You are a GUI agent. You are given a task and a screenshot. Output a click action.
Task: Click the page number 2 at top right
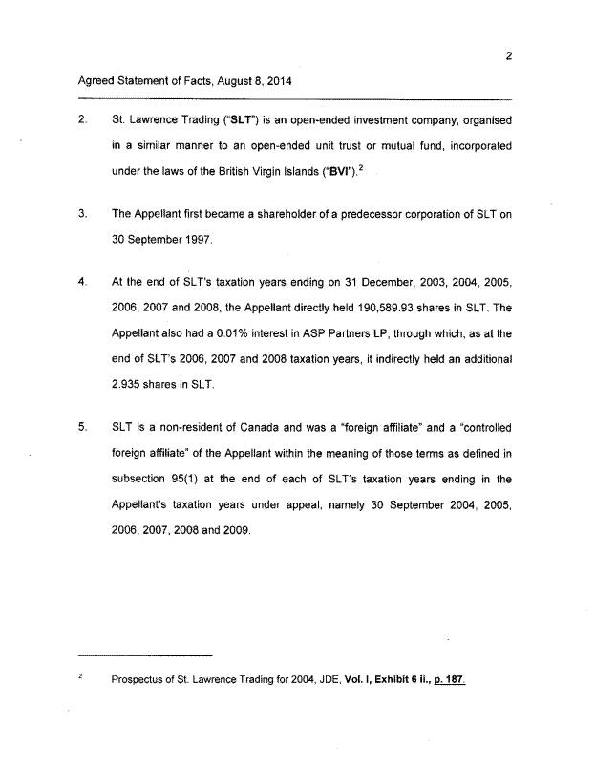[x=509, y=54]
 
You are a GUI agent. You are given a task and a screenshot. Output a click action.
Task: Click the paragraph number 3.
[x=82, y=213]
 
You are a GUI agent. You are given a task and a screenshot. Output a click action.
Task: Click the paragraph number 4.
[x=82, y=282]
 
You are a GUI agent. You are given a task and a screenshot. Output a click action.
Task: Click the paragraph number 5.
[x=82, y=427]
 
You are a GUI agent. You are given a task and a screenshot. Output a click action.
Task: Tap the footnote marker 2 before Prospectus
[x=81, y=678]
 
